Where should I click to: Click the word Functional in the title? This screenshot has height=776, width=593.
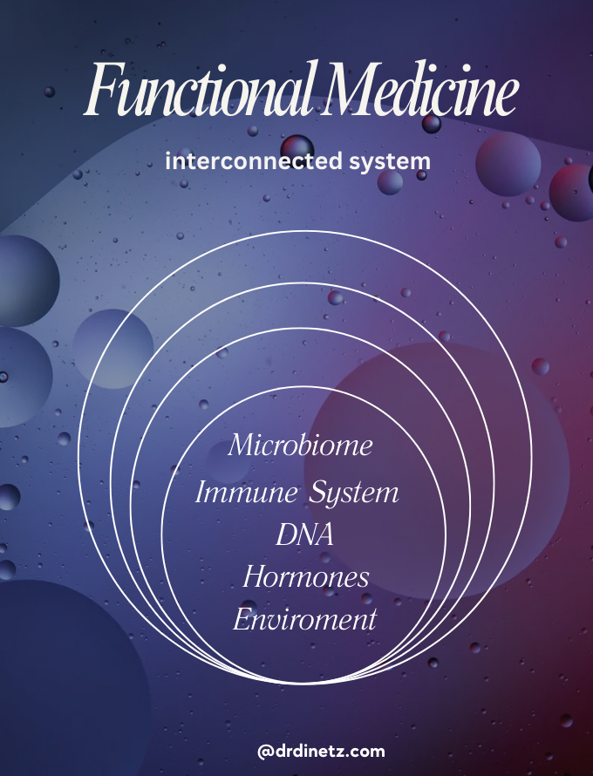point(201,93)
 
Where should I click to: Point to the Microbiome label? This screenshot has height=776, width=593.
point(300,446)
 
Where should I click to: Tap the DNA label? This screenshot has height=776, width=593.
point(304,535)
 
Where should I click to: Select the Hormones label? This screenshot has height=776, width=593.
point(305,576)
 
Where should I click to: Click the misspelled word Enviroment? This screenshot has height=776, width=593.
point(304,620)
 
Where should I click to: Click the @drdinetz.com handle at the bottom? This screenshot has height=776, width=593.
point(321,751)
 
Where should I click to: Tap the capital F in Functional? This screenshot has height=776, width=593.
point(103,93)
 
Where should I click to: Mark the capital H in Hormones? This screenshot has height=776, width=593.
point(256,576)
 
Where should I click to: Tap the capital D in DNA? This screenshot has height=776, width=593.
point(285,535)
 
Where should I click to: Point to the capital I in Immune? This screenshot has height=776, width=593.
point(202,493)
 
